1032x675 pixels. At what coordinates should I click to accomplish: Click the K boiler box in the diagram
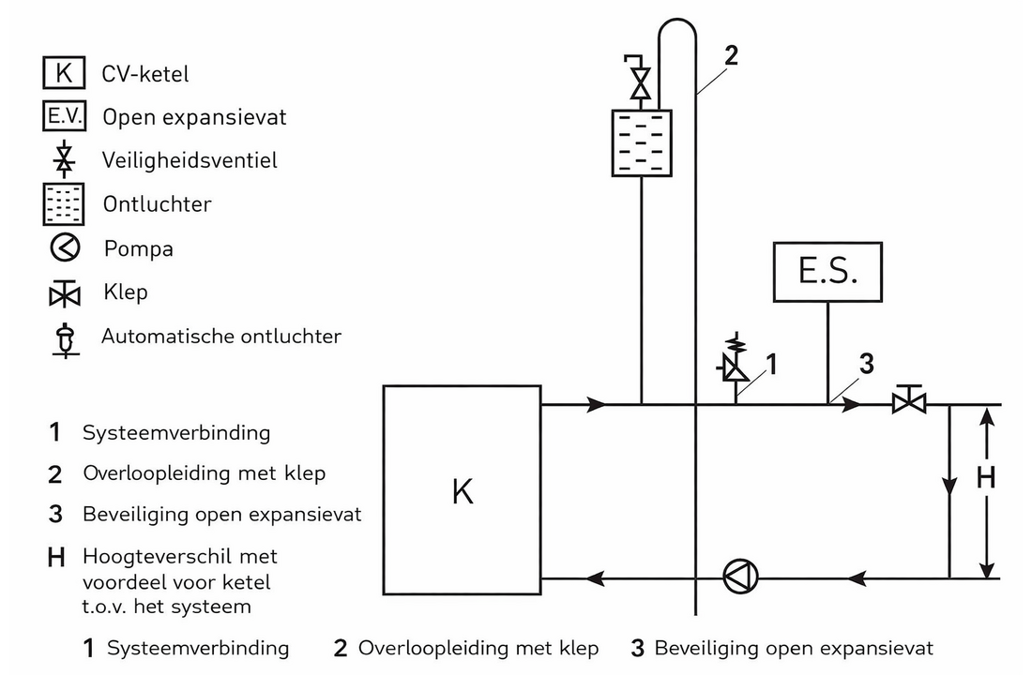click(x=462, y=490)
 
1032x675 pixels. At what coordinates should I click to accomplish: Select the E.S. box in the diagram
click(x=827, y=273)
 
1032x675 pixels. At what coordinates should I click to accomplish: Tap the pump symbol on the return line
click(x=741, y=574)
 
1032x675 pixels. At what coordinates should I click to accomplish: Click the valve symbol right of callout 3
click(x=907, y=401)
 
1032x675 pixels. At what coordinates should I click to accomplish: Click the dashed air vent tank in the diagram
click(x=641, y=143)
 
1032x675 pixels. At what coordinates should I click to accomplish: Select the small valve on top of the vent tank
click(x=641, y=80)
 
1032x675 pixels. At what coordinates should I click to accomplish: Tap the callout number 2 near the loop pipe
click(x=730, y=55)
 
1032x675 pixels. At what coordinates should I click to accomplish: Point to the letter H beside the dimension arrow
click(x=985, y=478)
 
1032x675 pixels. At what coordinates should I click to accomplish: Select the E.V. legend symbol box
click(x=65, y=116)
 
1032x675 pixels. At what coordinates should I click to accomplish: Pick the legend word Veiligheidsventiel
click(x=190, y=160)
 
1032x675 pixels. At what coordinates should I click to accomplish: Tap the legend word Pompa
click(x=139, y=248)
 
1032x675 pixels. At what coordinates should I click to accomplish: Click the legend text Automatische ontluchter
click(x=221, y=336)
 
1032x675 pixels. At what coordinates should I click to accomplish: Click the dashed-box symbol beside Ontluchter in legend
click(x=65, y=204)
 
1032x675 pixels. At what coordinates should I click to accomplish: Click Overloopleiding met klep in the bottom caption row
click(x=478, y=648)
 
